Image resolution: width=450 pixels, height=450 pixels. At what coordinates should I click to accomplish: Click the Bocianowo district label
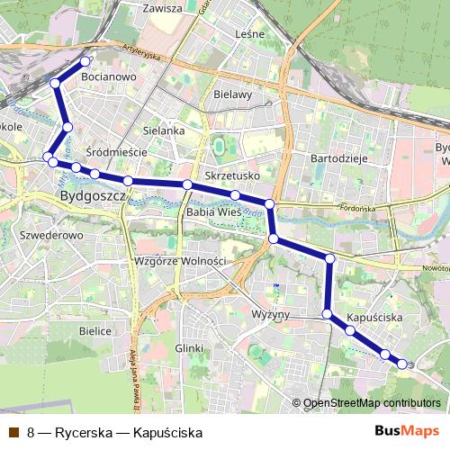click(108, 78)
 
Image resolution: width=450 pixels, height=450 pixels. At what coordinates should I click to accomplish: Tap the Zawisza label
click(162, 8)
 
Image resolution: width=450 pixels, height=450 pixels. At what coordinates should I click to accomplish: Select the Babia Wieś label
click(212, 212)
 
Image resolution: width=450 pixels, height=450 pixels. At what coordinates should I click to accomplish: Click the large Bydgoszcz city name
click(89, 195)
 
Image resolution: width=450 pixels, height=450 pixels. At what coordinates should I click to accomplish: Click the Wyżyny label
click(271, 315)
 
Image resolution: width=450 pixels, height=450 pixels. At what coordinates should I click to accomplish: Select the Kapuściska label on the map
click(373, 319)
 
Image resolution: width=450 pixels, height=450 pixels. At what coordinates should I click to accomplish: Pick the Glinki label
click(191, 347)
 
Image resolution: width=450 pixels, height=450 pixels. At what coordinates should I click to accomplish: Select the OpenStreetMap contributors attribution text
click(372, 403)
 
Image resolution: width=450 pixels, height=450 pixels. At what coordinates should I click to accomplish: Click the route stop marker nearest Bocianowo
click(86, 61)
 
